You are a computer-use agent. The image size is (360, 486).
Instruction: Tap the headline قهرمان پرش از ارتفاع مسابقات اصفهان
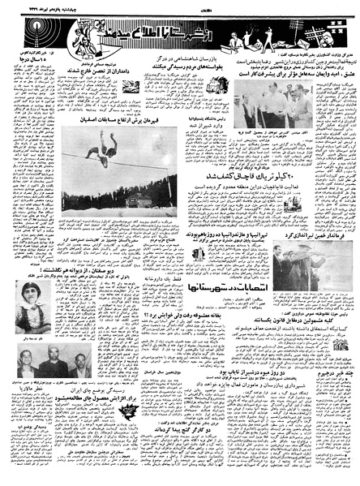point(122,118)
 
